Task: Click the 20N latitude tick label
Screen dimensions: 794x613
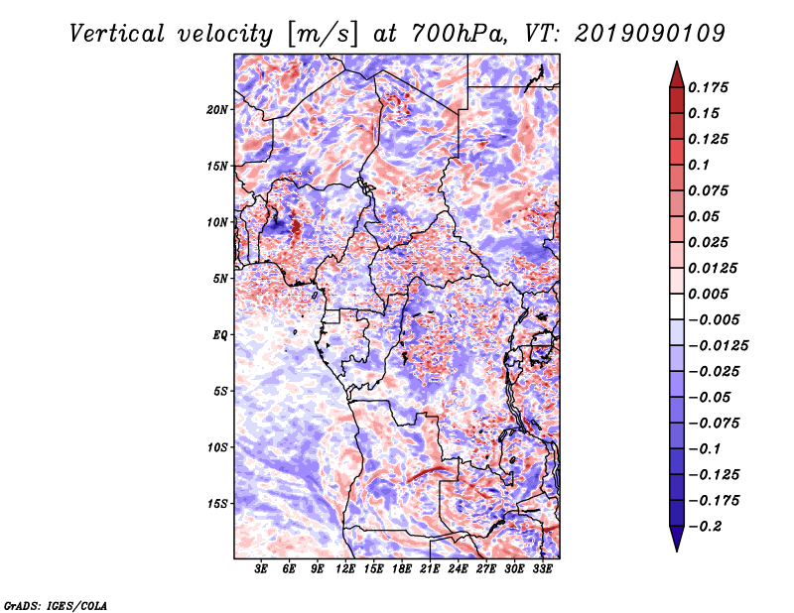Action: [x=217, y=110]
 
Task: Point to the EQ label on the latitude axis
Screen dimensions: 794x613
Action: [x=219, y=335]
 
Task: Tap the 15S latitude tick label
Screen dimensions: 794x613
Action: [x=217, y=504]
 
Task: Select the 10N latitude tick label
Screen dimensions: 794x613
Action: [x=217, y=222]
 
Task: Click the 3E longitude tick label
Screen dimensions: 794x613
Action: [x=261, y=568]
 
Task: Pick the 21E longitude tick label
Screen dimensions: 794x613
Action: [x=430, y=568]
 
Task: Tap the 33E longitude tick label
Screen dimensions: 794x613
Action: [x=542, y=568]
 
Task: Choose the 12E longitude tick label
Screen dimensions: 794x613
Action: [x=344, y=568]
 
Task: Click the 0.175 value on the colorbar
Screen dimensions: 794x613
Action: [x=708, y=87]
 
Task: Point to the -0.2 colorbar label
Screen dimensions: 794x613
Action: [x=706, y=527]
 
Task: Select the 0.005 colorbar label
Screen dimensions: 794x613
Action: [x=708, y=294]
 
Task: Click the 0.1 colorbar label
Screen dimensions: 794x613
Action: [x=700, y=165]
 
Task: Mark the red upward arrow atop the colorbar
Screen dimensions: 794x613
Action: [x=677, y=74]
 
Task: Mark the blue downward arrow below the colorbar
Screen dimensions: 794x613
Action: [x=677, y=539]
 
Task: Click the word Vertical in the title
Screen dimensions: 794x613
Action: [x=117, y=34]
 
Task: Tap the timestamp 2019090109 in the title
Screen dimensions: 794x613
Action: [x=650, y=34]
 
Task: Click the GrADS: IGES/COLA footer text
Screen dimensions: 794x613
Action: [x=56, y=606]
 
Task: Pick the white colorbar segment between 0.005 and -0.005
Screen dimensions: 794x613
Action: [x=677, y=306]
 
